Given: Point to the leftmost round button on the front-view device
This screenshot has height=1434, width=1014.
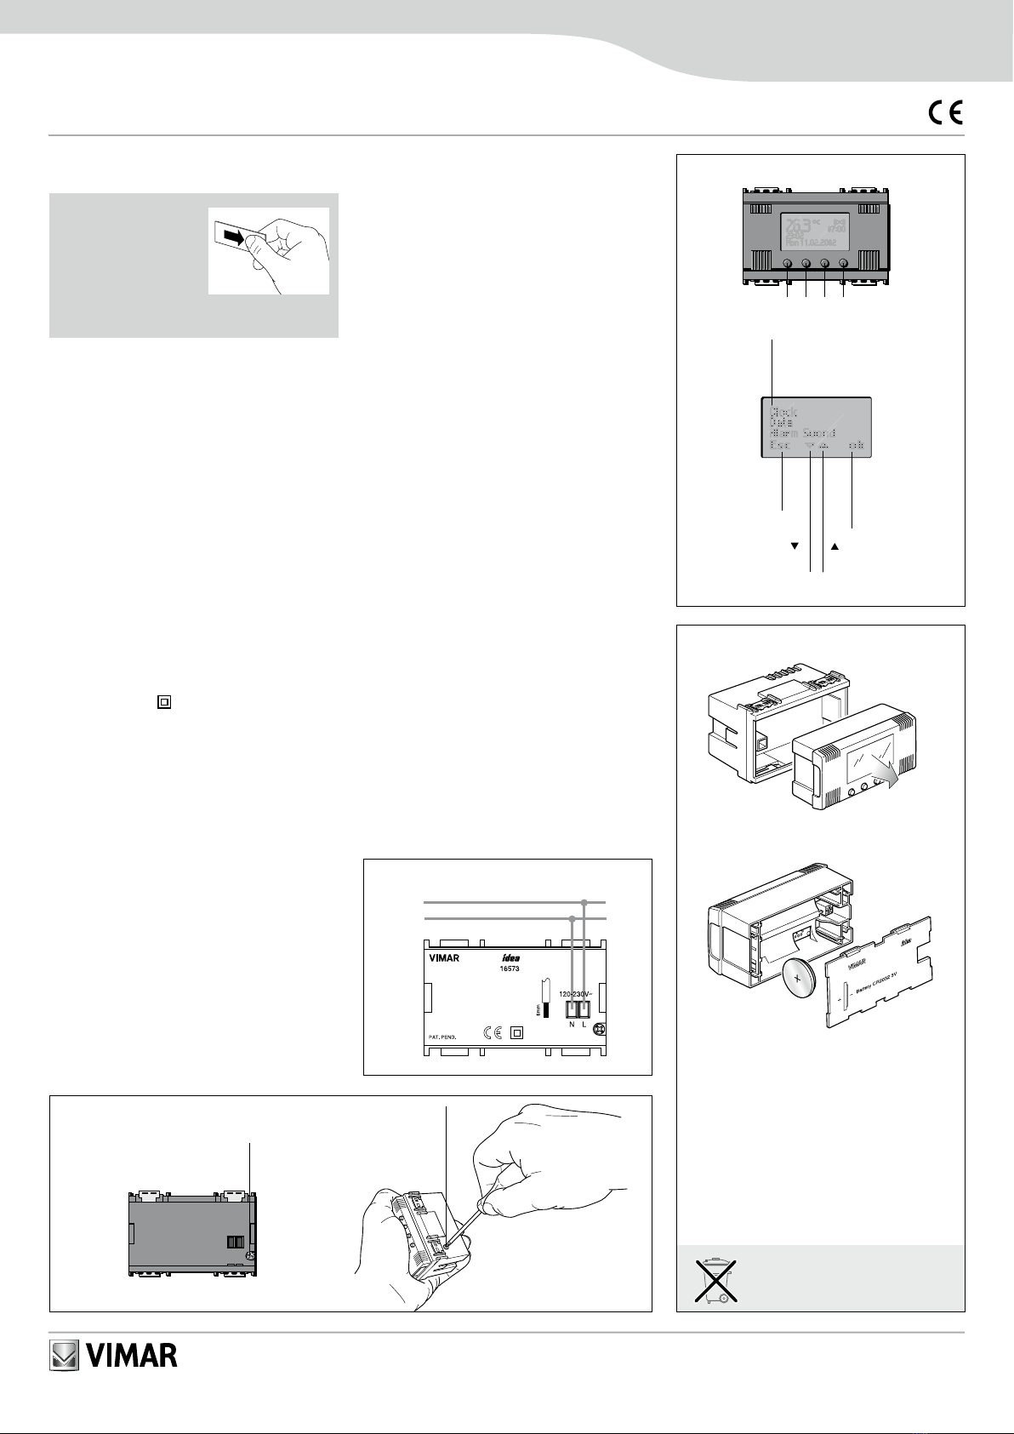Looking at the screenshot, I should click(788, 265).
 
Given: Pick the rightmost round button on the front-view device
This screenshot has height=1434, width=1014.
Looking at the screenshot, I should click(844, 265).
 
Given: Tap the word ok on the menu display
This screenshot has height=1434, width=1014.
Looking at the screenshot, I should click(853, 445).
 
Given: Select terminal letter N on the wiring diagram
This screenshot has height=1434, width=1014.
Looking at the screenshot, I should click(572, 1024).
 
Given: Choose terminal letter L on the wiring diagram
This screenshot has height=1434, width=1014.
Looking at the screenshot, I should click(584, 1024).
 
